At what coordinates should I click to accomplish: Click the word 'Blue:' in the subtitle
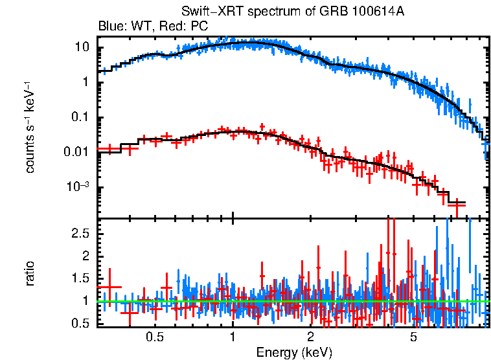coord(111,27)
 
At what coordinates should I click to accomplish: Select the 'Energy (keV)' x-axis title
coord(294,352)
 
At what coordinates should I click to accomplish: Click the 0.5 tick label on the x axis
coord(154,337)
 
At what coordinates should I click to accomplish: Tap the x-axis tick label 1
coord(233,337)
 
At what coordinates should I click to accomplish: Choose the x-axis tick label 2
coord(311,337)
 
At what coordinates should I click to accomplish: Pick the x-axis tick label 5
coord(414,337)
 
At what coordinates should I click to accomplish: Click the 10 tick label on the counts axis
coord(82,47)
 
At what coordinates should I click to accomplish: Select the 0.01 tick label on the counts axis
coord(77,152)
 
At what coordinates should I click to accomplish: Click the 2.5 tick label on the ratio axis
coord(80,232)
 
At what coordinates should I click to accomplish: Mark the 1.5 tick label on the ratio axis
coord(80,278)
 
